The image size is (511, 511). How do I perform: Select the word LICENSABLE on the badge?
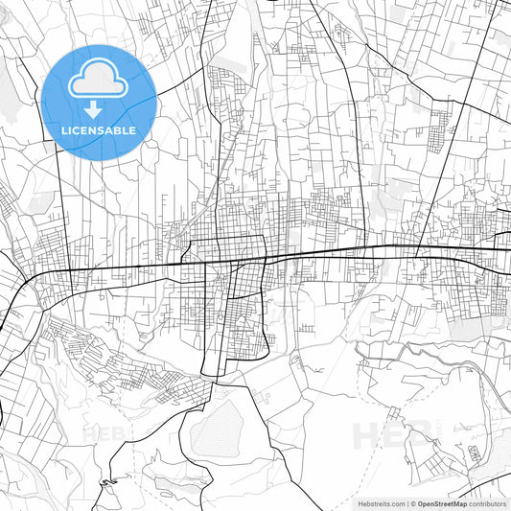[99, 129]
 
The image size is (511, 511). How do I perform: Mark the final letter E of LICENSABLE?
[131, 129]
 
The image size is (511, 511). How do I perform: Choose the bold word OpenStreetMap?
[442, 502]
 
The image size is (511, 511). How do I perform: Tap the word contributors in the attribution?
[488, 502]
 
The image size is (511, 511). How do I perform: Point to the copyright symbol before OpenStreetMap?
[412, 502]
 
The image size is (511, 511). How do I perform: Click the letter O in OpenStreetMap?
[421, 502]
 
